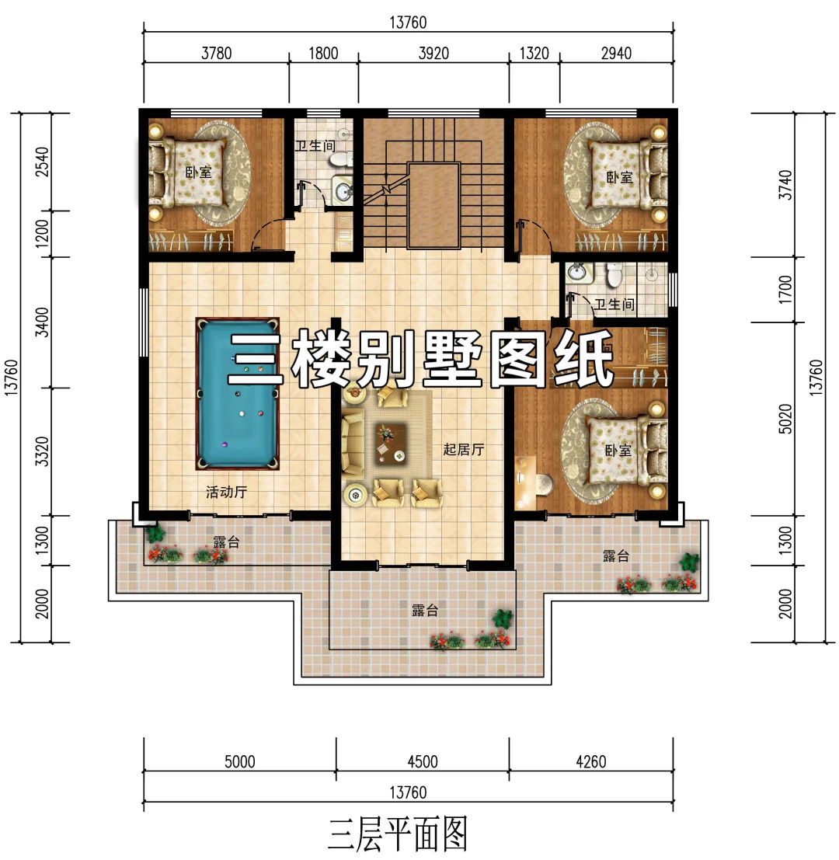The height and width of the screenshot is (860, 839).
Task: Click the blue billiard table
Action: (x=238, y=393)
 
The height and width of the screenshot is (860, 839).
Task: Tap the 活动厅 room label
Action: (x=227, y=492)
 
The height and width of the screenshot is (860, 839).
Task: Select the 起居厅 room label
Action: (x=464, y=450)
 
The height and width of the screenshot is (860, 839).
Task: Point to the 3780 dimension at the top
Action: (x=217, y=53)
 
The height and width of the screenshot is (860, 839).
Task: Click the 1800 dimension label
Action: (x=323, y=53)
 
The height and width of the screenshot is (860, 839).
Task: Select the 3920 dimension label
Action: (x=433, y=53)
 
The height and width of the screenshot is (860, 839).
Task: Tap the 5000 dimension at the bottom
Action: (x=240, y=762)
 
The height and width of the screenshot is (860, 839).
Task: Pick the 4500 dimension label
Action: (x=423, y=762)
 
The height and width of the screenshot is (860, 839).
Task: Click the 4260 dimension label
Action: (x=591, y=762)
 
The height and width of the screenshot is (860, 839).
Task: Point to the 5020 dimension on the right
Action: (x=786, y=419)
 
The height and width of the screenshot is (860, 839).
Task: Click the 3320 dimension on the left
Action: (x=42, y=452)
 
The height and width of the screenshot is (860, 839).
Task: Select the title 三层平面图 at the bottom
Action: (x=398, y=834)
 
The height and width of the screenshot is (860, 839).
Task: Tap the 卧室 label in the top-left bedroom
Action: (x=198, y=172)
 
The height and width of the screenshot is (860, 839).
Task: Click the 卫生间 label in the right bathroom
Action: (x=614, y=305)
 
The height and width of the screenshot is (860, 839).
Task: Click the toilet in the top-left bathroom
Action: (x=341, y=159)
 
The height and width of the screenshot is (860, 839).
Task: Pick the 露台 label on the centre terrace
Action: (x=425, y=611)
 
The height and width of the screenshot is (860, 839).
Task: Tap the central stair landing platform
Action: (x=433, y=205)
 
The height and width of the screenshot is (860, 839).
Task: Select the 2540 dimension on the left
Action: (x=42, y=162)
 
